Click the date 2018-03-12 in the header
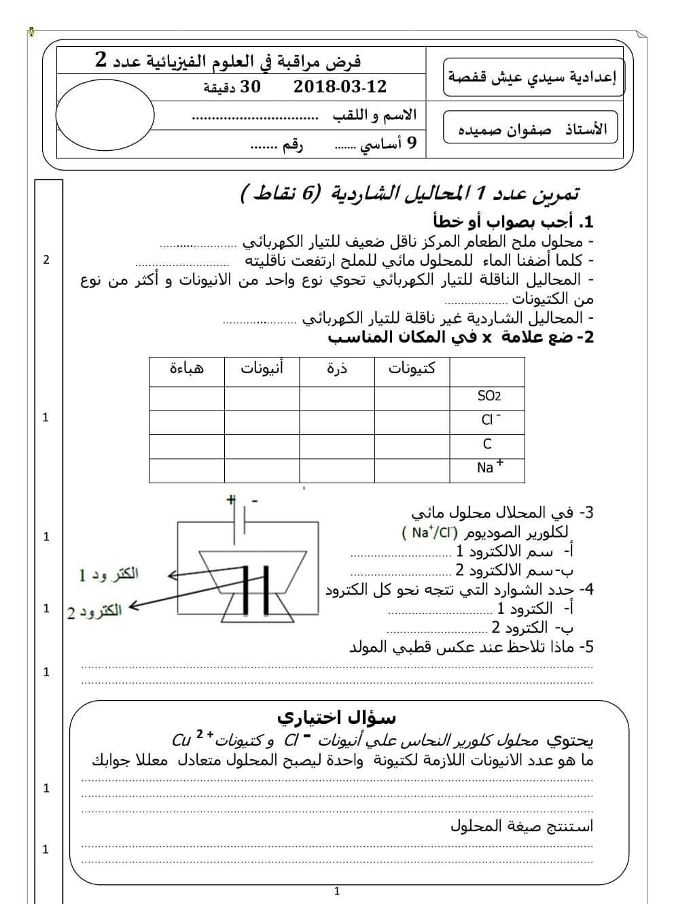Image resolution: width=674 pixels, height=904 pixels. pos(340,86)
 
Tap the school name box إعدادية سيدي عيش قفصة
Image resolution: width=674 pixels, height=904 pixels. pos(533,76)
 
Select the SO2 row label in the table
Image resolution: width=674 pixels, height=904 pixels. pos(489,396)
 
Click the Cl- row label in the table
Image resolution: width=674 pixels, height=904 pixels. pos(490,419)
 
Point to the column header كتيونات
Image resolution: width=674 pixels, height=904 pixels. pos(412,368)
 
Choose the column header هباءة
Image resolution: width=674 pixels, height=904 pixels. pos(186,368)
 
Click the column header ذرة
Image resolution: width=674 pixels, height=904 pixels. pos(336,368)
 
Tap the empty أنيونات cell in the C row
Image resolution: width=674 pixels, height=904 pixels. pos(262,447)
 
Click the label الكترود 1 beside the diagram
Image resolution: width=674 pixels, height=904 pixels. pos(109,574)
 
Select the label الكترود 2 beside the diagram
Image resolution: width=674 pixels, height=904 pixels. pos(94,612)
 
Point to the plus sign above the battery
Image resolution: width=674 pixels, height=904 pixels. pos(231,500)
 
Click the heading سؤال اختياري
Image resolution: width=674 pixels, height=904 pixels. pos(336,717)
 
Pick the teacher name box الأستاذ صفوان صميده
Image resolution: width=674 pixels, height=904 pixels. pos(531,128)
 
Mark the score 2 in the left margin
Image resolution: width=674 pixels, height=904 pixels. pos(46,260)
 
